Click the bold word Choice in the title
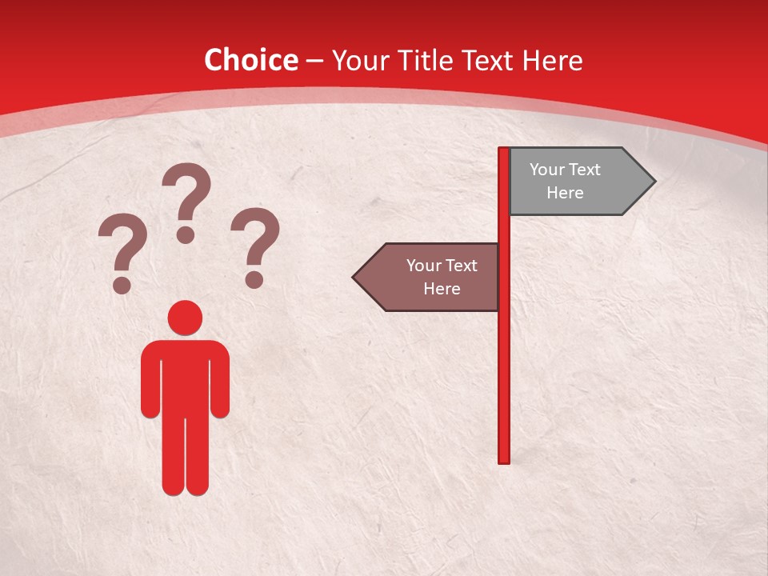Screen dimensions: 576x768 (250, 60)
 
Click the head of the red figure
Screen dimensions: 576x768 (185, 318)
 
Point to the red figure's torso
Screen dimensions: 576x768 (185, 376)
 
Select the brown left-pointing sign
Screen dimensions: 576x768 (432, 278)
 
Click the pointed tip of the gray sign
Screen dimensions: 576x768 (651, 182)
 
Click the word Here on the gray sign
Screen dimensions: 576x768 (565, 193)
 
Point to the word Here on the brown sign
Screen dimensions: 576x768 (442, 289)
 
